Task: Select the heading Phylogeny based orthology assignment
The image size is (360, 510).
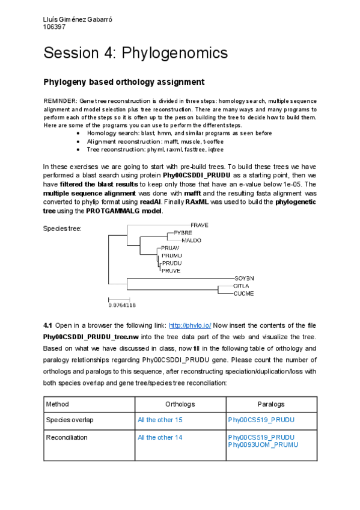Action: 124,82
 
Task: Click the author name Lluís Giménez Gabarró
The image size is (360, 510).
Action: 78,19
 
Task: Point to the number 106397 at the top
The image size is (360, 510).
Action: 54,26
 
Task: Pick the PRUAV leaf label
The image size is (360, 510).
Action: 171,248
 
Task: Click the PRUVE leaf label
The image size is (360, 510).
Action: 171,271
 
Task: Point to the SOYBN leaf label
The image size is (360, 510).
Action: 243,278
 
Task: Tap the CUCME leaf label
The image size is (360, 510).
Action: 243,293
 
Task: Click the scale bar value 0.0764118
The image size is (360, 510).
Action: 122,305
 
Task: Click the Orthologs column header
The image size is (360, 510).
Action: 180,404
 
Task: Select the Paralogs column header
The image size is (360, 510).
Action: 271,404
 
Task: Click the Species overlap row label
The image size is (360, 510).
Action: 70,420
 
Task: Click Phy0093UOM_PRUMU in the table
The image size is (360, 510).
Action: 263,444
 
